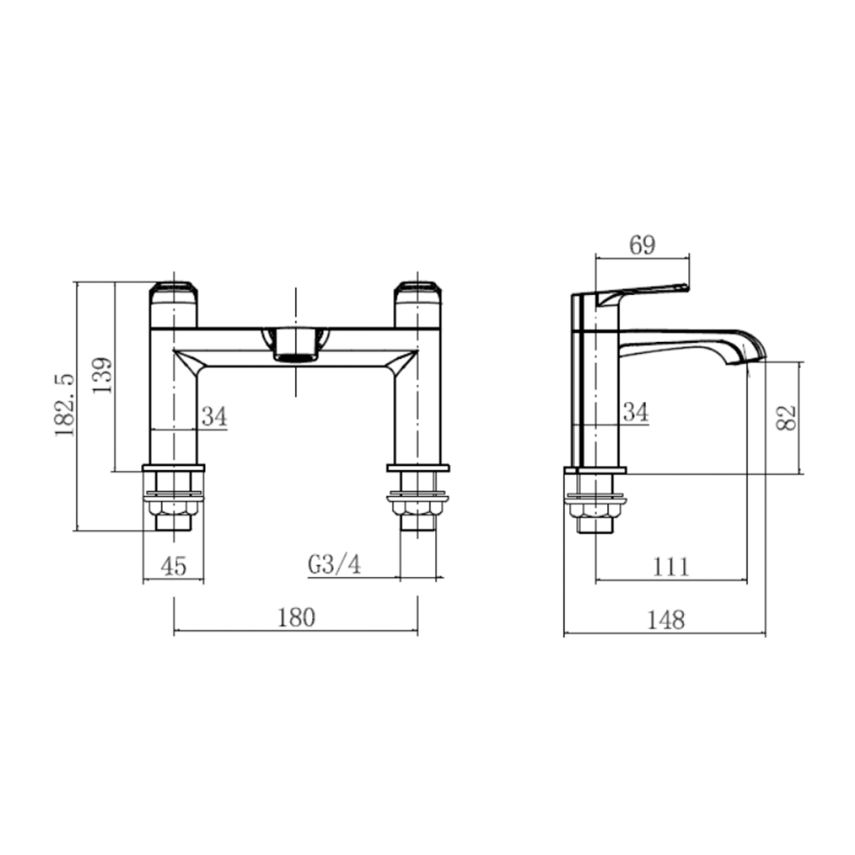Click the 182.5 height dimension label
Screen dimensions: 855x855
(65, 405)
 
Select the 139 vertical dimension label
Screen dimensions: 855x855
(102, 375)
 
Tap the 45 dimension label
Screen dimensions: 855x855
(174, 565)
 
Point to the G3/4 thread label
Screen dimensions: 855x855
(334, 564)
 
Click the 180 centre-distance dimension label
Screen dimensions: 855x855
(297, 618)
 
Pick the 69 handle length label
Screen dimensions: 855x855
(642, 245)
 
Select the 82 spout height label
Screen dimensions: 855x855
(787, 418)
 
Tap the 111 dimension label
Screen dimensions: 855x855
(671, 567)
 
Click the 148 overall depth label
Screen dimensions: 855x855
(666, 620)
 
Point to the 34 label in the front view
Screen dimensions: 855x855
(215, 416)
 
